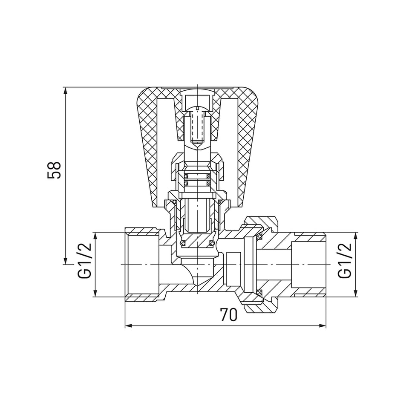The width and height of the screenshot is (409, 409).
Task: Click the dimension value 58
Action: click(54, 170)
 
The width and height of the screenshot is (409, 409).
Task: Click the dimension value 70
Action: click(229, 315)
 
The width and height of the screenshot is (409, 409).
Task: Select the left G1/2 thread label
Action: click(85, 261)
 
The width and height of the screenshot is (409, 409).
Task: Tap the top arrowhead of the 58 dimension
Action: click(66, 90)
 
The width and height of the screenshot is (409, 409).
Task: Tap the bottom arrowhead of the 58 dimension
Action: click(66, 261)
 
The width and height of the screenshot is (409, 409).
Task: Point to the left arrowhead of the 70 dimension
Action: click(129, 325)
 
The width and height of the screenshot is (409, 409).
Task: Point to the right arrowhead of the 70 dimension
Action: click(323, 325)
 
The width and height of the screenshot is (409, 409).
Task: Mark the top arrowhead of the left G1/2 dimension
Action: click(95, 236)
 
